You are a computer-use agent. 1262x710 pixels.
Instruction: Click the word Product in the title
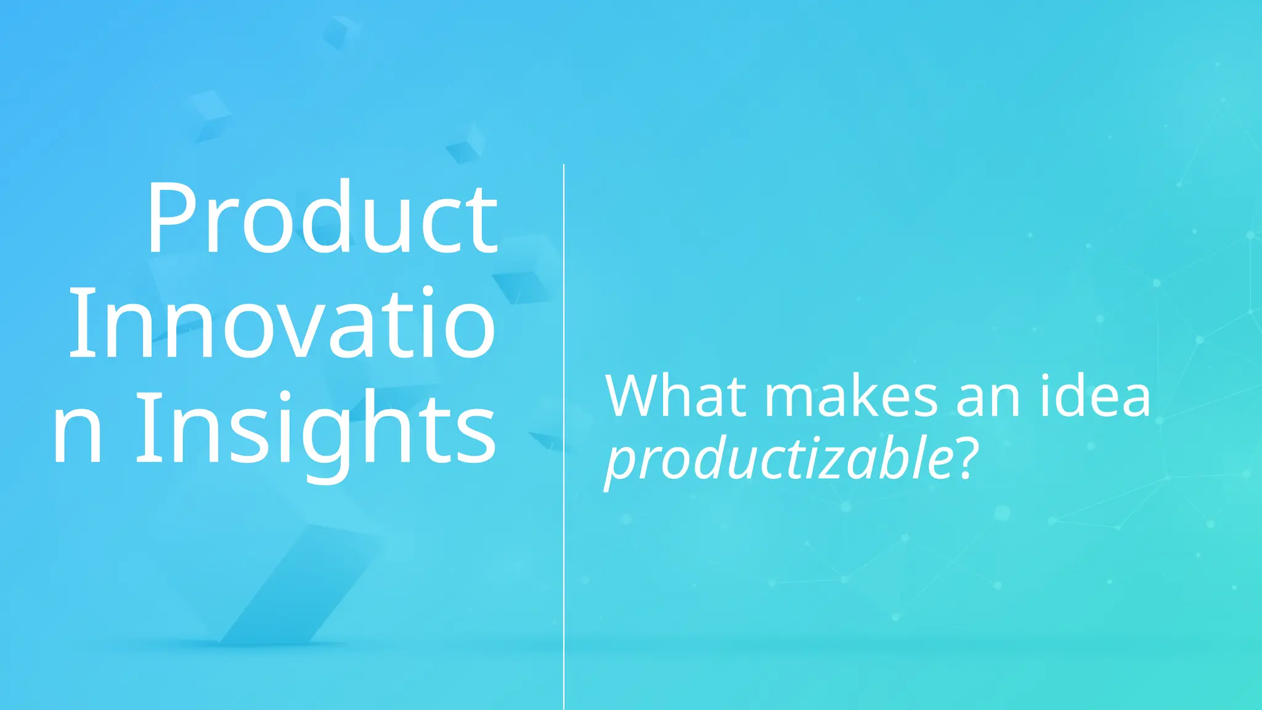(322, 218)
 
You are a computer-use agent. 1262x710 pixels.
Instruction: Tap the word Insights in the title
(315, 428)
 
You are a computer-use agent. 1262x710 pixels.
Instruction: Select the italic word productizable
(780, 460)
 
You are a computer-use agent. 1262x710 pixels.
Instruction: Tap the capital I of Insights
(146, 428)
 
